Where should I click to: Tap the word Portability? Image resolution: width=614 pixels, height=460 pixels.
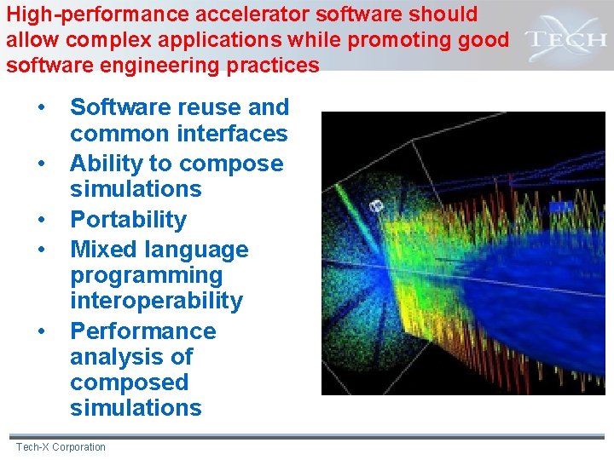tap(128, 220)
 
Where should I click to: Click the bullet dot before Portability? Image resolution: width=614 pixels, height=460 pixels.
tap(40, 220)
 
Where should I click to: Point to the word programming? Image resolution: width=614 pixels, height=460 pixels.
tap(146, 276)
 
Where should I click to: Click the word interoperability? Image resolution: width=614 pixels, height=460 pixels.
tap(156, 301)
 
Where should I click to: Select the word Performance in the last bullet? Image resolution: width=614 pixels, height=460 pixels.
tap(142, 331)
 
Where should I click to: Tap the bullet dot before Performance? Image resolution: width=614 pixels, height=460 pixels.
tap(40, 331)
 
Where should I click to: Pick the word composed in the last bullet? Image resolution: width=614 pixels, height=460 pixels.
tap(129, 382)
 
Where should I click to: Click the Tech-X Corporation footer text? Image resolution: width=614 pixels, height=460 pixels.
tap(61, 447)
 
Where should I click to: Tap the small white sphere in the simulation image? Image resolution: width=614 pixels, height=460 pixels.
tap(376, 205)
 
